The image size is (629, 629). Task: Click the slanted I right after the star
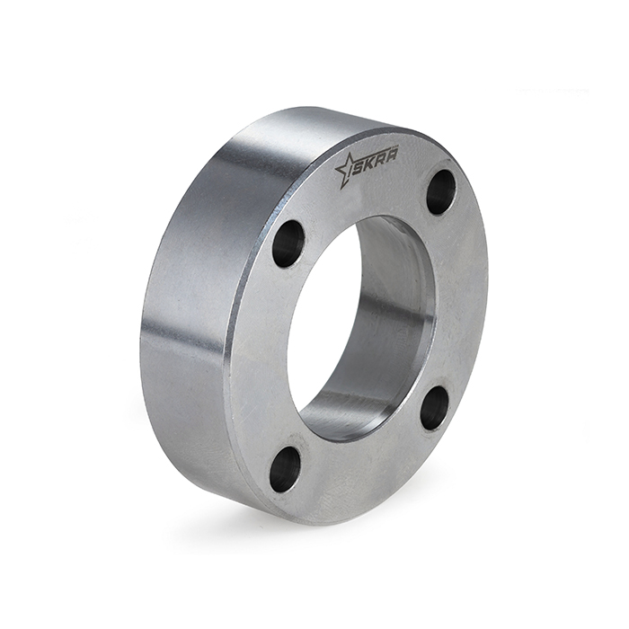[x=360, y=165]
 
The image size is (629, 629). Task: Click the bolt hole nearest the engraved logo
[x=440, y=191]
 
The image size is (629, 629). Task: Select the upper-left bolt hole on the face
[x=288, y=244]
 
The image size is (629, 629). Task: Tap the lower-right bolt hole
[x=435, y=409]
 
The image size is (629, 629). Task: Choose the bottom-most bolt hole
[x=285, y=468]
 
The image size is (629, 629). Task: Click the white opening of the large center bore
[x=319, y=323]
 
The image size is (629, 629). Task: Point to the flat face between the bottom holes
[x=359, y=467]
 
